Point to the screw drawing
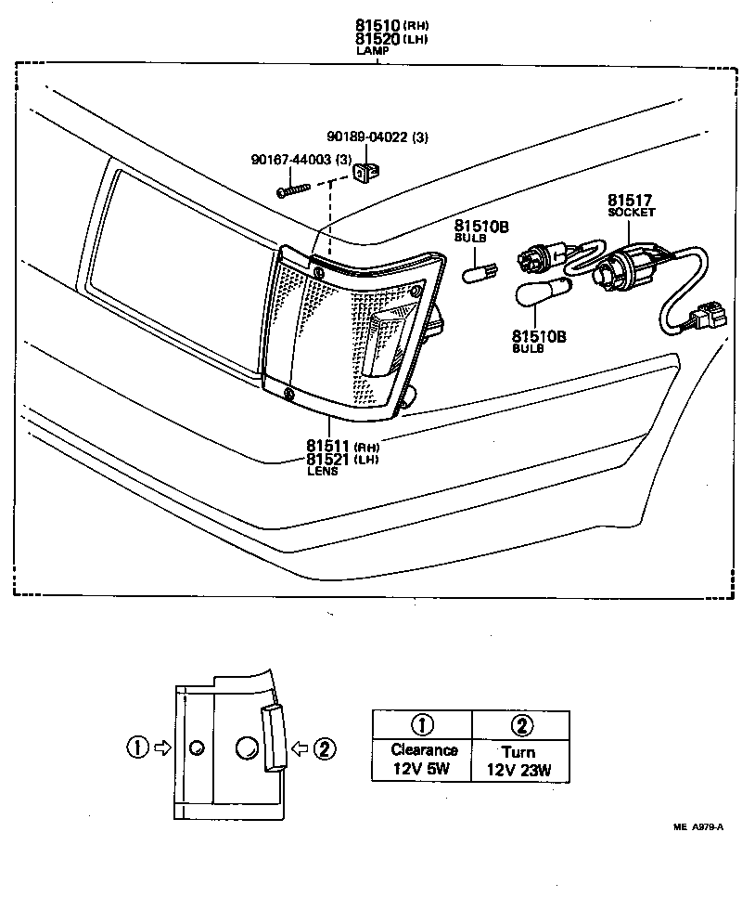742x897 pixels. click(291, 189)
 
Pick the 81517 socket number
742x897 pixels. click(630, 200)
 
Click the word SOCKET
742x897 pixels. click(631, 213)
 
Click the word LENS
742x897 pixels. click(323, 472)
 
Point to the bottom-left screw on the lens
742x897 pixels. click(289, 396)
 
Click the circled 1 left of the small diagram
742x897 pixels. click(138, 746)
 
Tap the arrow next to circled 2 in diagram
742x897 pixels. click(301, 746)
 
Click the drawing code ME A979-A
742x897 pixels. click(697, 828)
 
